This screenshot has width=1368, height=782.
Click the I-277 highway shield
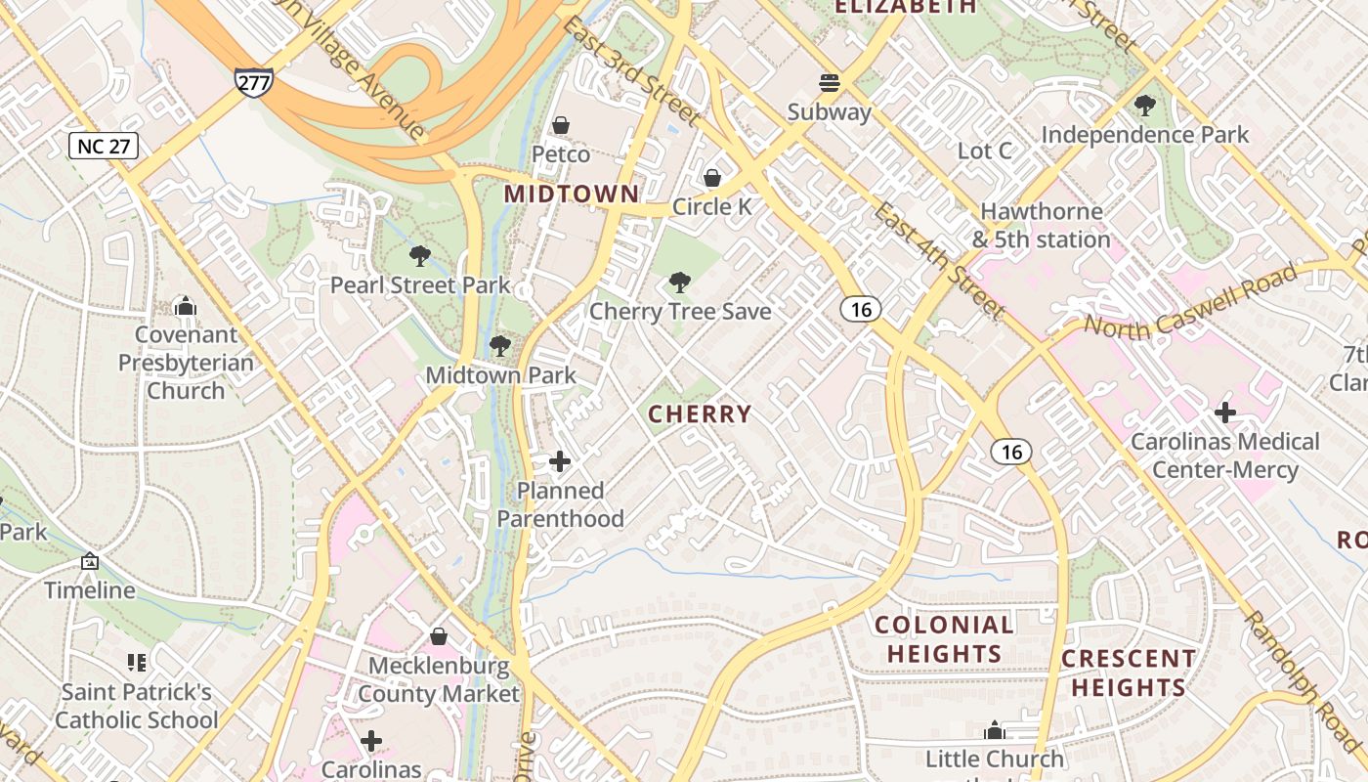[x=253, y=82]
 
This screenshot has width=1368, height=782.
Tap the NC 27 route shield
[x=104, y=147]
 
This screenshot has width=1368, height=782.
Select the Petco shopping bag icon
[x=561, y=125]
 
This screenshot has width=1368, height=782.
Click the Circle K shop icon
[x=712, y=178]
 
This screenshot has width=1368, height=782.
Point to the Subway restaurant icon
[x=830, y=82]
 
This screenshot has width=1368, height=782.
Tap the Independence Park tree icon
[x=1145, y=105]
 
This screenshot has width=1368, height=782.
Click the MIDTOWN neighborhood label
[x=572, y=195]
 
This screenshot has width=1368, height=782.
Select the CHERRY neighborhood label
[x=700, y=414]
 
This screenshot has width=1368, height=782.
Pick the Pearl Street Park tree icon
[x=420, y=257]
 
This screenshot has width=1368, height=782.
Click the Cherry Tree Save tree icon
[x=679, y=283]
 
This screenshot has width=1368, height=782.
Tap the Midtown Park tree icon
[x=500, y=346]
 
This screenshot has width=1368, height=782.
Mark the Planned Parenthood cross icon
[x=560, y=461]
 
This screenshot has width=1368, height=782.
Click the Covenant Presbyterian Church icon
[x=186, y=307]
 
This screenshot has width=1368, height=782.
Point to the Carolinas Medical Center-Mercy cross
[x=1224, y=413]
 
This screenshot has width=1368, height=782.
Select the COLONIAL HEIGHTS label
[x=944, y=639]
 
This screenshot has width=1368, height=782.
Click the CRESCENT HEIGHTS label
[x=1128, y=673]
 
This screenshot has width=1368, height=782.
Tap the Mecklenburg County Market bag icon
[x=439, y=637]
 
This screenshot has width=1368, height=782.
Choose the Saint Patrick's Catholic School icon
[x=137, y=663]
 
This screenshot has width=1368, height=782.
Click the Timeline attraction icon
[x=90, y=562]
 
